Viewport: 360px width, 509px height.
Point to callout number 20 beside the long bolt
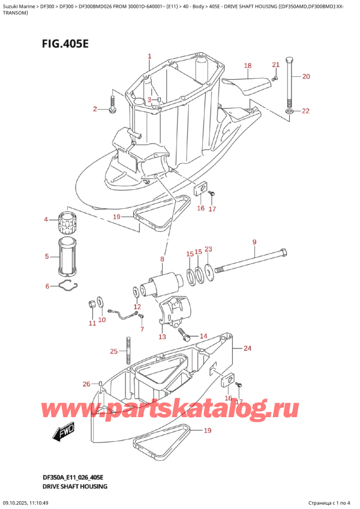pos(306,76)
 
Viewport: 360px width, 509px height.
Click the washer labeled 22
pos(290,111)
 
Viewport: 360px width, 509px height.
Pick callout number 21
pos(275,65)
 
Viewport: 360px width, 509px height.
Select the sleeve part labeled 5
pos(68,256)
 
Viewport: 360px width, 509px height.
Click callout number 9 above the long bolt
pos(254,242)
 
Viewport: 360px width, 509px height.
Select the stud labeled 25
pos(128,351)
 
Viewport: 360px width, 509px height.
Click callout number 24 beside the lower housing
pos(247,348)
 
